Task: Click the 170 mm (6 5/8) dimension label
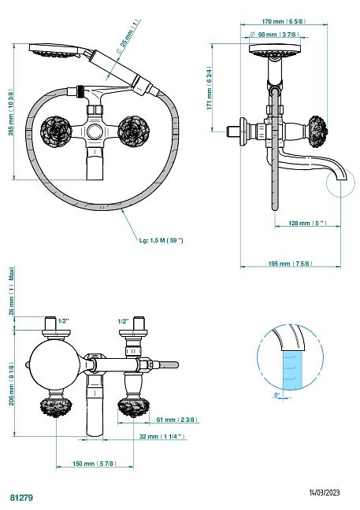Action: click(284, 21)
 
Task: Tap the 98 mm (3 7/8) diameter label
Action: click(275, 35)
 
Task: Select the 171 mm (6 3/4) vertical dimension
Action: click(210, 88)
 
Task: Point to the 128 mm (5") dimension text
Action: click(307, 224)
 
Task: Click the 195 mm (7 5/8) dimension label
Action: click(291, 263)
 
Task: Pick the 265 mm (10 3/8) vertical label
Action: click(11, 113)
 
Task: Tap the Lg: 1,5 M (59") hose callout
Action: click(161, 240)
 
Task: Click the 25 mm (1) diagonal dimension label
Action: click(128, 36)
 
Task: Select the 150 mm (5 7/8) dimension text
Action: click(95, 464)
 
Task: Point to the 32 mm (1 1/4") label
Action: click(162, 437)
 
